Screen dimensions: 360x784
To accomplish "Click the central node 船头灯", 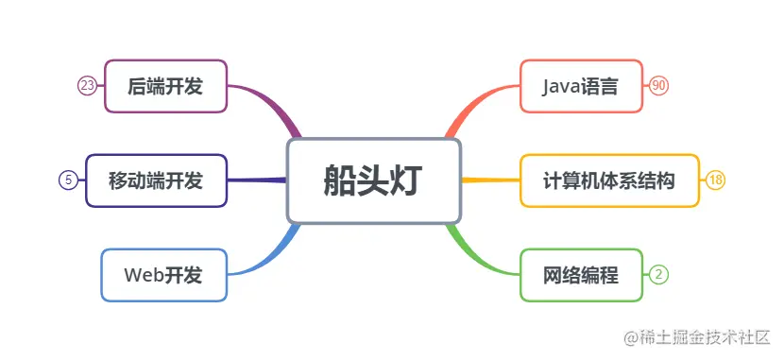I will pyautogui.click(x=373, y=180).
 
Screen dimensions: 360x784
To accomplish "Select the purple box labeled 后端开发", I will pyautogui.click(x=165, y=86).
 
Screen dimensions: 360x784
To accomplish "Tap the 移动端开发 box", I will pyautogui.click(x=156, y=180).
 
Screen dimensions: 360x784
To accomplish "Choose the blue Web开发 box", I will pyautogui.click(x=163, y=275).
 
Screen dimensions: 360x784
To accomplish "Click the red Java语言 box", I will pyautogui.click(x=581, y=86).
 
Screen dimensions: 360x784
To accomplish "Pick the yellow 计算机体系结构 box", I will pyautogui.click(x=609, y=180).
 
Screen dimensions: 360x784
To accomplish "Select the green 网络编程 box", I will pyautogui.click(x=581, y=275).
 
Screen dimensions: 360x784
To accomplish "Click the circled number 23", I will pyautogui.click(x=87, y=86).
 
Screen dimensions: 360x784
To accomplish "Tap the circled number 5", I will pyautogui.click(x=68, y=180).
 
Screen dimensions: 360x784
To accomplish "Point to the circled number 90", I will pyautogui.click(x=659, y=86).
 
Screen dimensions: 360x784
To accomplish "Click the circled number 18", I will pyautogui.click(x=715, y=180).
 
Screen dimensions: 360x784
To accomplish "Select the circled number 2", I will pyautogui.click(x=659, y=275).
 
